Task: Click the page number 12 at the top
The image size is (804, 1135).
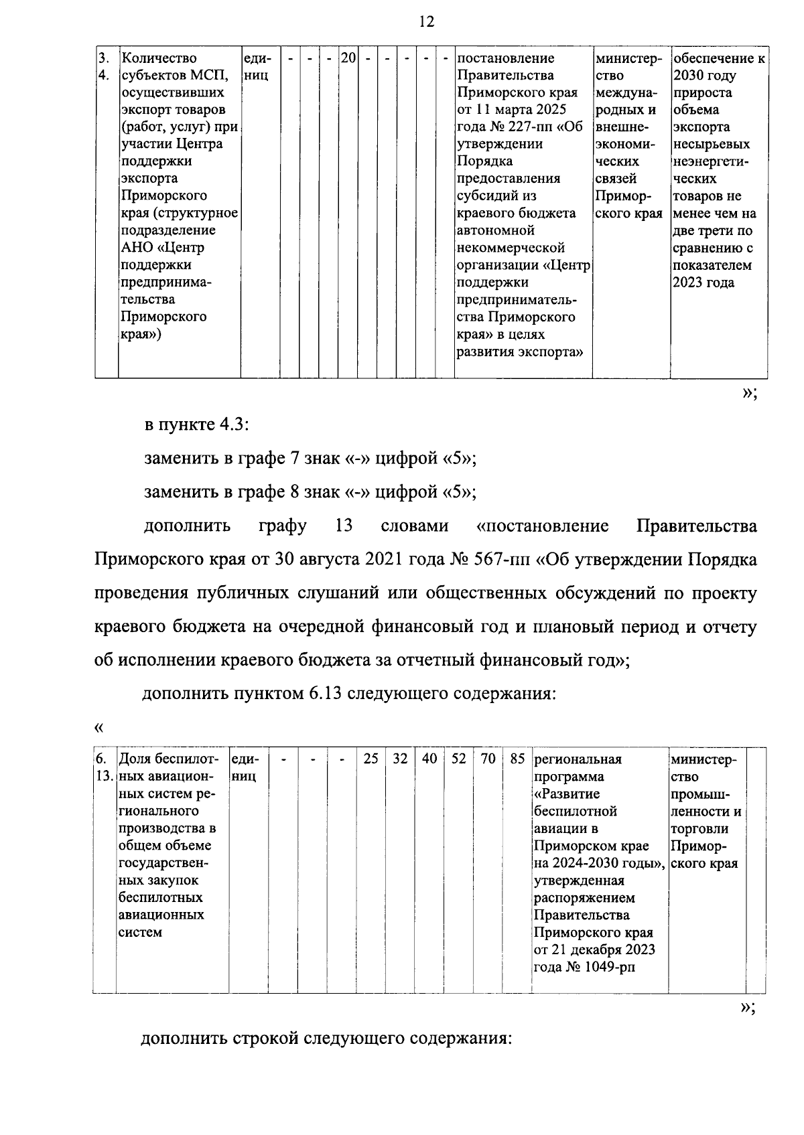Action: point(426,21)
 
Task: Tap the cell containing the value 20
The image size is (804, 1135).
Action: point(348,58)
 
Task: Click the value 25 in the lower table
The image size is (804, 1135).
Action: point(371,759)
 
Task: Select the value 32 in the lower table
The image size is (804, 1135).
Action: point(400,759)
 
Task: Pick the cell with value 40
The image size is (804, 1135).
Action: point(429,759)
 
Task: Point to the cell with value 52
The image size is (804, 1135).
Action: point(458,759)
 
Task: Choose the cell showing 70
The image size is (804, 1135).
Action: point(488,759)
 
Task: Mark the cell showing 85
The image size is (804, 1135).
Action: point(517,759)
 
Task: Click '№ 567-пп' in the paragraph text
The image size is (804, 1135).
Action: point(491,559)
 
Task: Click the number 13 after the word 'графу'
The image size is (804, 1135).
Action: point(343,526)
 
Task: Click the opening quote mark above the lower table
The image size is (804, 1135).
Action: point(99,727)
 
